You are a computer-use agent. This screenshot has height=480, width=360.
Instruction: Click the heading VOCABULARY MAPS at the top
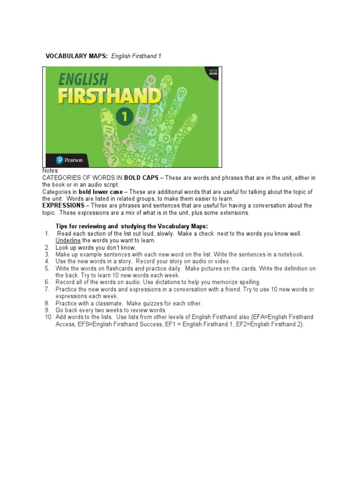point(76,56)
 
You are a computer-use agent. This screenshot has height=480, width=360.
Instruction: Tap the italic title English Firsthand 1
point(136,56)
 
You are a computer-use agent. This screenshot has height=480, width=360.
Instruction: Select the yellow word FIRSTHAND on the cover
point(110,97)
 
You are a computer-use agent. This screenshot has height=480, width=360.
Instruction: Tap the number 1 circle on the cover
point(125,117)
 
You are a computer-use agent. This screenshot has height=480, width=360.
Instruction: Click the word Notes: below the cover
point(51,171)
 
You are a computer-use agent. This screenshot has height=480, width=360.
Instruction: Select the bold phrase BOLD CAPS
point(141,178)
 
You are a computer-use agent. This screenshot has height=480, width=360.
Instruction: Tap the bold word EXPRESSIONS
point(63,206)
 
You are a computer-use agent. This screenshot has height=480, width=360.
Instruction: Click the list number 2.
point(47,247)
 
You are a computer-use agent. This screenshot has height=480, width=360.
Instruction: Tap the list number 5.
point(47,269)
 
